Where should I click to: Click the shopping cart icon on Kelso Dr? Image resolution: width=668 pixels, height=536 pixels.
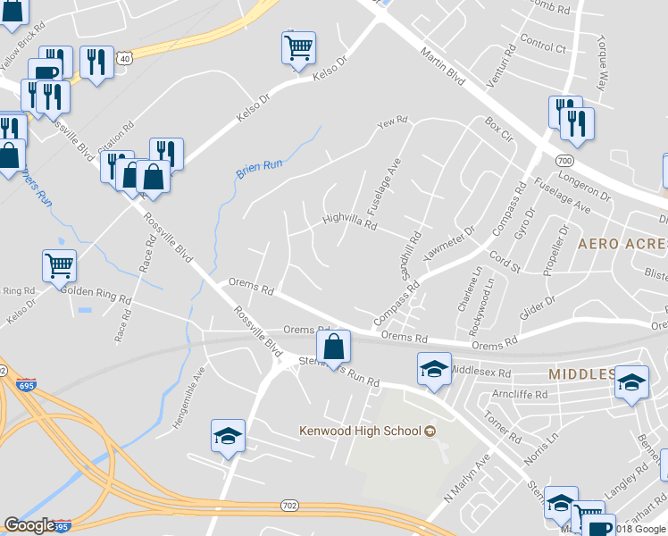pyautogui.click(x=299, y=47)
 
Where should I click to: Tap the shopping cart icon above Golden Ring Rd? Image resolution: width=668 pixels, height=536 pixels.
pyautogui.click(x=59, y=264)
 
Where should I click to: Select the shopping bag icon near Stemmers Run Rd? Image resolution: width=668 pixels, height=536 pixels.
pyautogui.click(x=333, y=347)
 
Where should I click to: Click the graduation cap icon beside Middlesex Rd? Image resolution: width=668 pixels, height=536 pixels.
pyautogui.click(x=433, y=369)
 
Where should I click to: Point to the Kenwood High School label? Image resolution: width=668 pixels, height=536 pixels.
pyautogui.click(x=360, y=431)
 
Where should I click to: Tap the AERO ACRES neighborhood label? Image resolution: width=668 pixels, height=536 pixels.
pyautogui.click(x=622, y=243)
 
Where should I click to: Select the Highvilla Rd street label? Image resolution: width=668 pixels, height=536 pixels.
pyautogui.click(x=349, y=221)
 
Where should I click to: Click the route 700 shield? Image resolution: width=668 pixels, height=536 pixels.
pyautogui.click(x=564, y=160)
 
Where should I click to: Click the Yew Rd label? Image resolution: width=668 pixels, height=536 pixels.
pyautogui.click(x=392, y=121)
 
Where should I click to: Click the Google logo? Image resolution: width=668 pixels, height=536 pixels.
pyautogui.click(x=29, y=525)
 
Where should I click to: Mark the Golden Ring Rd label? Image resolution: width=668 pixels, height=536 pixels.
pyautogui.click(x=88, y=291)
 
